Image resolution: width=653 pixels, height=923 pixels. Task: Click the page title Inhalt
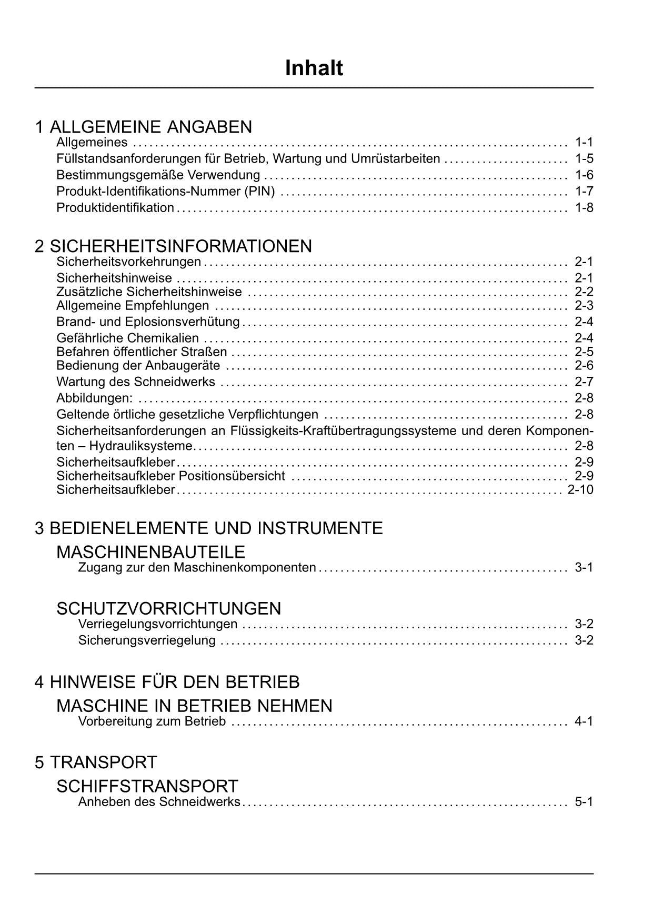click(314, 68)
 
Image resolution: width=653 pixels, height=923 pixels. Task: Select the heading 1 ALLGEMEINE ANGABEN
click(143, 127)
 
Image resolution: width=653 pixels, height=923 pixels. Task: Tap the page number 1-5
click(584, 158)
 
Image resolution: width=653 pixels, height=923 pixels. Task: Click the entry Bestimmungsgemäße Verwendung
click(158, 175)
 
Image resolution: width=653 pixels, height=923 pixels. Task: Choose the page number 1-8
click(584, 207)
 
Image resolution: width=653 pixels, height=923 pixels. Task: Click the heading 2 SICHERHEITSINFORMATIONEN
click(173, 246)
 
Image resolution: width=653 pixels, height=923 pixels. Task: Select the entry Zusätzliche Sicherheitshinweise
click(149, 292)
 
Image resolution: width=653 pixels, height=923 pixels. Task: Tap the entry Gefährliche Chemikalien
click(127, 338)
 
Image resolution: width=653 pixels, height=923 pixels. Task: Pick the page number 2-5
click(584, 352)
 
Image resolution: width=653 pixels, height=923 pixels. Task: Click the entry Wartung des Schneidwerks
click(136, 382)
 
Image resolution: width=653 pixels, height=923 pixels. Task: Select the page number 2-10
click(580, 490)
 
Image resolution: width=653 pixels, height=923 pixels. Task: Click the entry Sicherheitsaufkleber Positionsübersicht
click(170, 476)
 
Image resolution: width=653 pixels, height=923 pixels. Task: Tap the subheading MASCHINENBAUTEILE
click(150, 552)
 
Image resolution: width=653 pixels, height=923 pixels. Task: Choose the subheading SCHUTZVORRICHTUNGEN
click(168, 608)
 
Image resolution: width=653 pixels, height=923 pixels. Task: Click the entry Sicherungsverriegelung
click(147, 640)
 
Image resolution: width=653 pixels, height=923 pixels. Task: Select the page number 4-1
click(584, 721)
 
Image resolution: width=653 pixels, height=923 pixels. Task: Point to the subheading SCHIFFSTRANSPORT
click(147, 786)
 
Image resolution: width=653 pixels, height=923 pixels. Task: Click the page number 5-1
click(584, 802)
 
